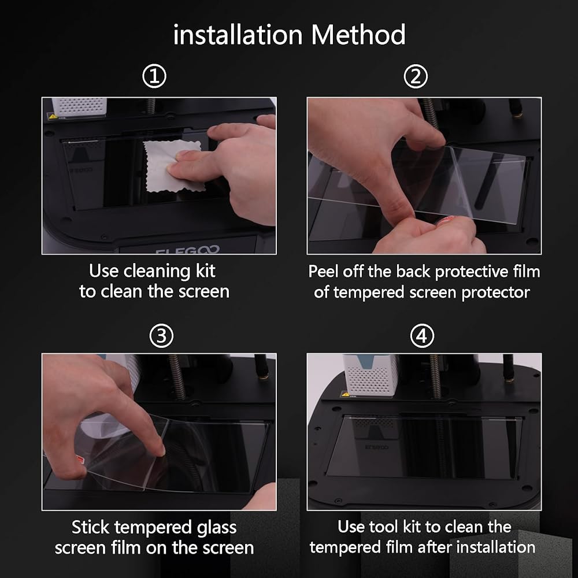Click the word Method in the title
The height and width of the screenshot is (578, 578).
click(358, 35)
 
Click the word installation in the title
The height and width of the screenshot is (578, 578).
click(238, 35)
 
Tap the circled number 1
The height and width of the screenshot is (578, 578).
click(154, 76)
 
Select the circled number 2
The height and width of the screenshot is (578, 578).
click(416, 76)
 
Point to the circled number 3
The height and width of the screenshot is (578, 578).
click(161, 336)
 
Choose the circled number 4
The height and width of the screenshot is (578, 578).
click(422, 336)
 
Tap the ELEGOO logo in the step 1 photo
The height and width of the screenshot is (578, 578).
click(188, 250)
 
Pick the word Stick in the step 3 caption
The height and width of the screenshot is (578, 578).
click(90, 527)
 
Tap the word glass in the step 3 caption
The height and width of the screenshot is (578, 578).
click(217, 528)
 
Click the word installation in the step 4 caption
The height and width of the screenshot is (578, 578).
click(496, 547)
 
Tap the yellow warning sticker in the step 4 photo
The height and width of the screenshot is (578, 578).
click(346, 394)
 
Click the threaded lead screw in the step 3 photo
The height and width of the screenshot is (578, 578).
click(177, 377)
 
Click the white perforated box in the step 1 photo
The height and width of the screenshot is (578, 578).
click(79, 107)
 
